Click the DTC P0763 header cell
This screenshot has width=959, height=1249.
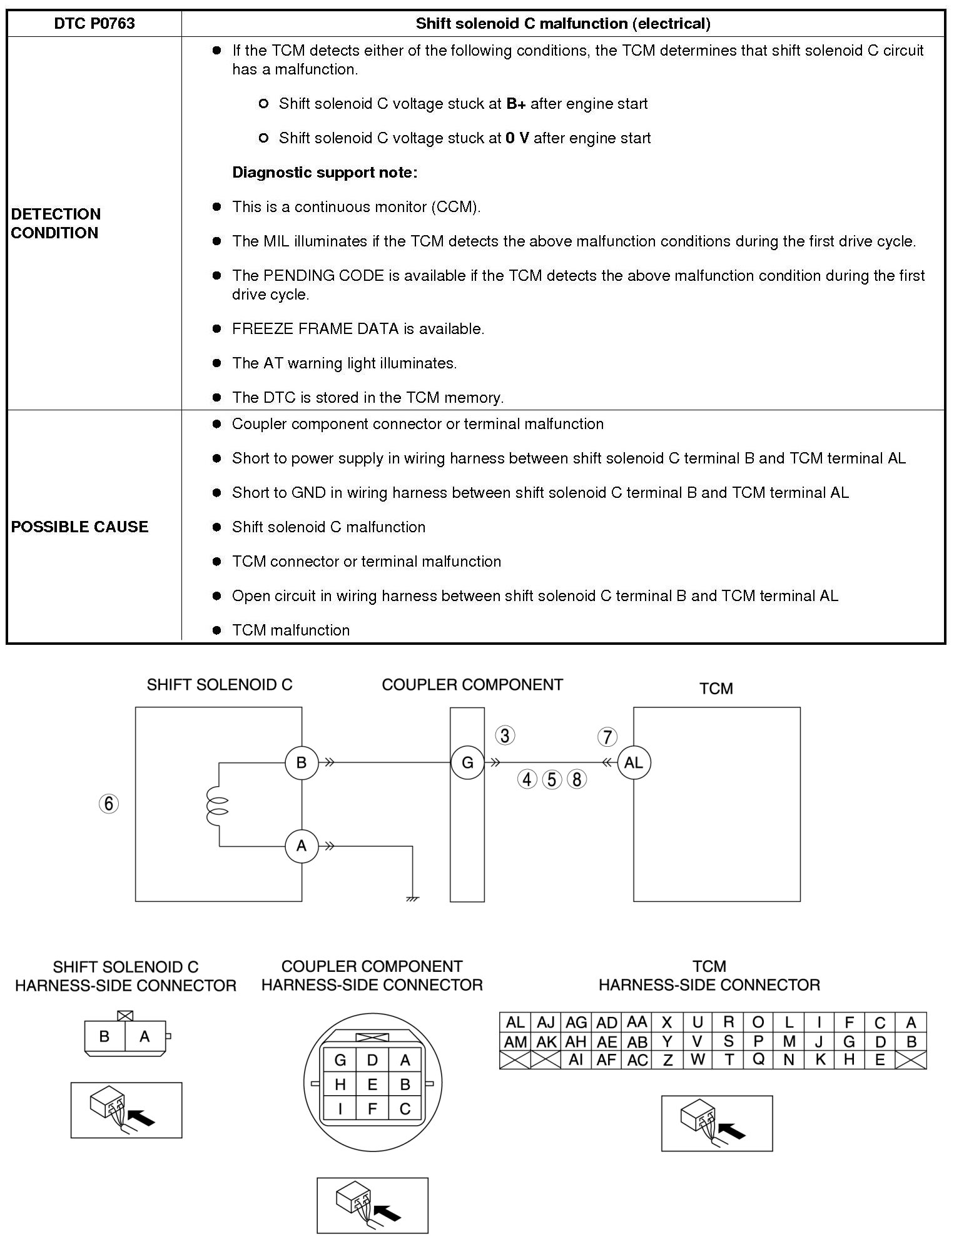point(94,24)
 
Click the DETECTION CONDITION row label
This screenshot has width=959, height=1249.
point(56,223)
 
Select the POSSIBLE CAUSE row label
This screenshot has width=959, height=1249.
point(79,527)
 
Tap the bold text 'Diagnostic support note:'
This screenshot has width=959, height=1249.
point(325,173)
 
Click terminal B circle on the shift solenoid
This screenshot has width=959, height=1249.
point(302,762)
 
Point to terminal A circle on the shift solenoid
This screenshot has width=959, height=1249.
point(302,846)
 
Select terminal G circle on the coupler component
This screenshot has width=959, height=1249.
point(467,762)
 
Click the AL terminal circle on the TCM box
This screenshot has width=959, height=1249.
point(634,762)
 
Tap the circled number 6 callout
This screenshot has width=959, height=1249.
point(109,803)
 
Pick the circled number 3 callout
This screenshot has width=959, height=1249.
point(505,735)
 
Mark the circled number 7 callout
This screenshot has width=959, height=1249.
point(607,737)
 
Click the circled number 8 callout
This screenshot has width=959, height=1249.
point(577,779)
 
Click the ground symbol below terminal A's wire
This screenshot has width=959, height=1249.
point(412,899)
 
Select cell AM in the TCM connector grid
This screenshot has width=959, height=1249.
point(515,1042)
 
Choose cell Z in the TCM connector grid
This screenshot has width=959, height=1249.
point(667,1060)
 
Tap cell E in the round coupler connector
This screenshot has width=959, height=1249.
point(372,1085)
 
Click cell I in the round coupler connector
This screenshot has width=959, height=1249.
point(340,1109)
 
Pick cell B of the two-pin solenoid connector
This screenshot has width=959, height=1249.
point(104,1036)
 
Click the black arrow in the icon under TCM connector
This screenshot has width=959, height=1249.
point(731,1131)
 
